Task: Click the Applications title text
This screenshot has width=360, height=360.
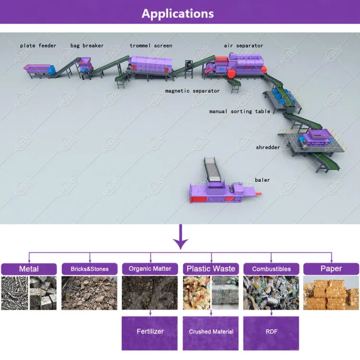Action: click(178, 14)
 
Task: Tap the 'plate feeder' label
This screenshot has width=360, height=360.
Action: click(38, 46)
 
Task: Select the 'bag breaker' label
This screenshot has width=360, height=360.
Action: click(87, 46)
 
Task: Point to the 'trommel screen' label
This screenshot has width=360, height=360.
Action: click(151, 46)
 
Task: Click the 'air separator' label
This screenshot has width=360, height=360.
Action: click(243, 46)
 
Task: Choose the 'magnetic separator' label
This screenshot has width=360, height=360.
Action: click(192, 91)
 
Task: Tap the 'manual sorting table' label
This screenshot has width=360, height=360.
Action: click(240, 111)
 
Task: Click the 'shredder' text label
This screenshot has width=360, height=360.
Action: click(268, 147)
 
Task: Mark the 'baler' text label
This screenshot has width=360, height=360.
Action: click(263, 180)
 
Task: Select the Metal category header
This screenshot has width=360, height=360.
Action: click(29, 269)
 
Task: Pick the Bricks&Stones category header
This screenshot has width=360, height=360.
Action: click(90, 269)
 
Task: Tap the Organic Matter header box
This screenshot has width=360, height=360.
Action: click(150, 269)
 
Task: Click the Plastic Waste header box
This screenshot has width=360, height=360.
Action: click(211, 269)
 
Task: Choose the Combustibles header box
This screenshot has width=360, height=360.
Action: click(271, 269)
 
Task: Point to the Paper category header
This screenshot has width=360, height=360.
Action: click(331, 269)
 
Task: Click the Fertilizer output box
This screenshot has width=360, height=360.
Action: click(150, 334)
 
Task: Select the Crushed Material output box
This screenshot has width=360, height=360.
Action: click(211, 334)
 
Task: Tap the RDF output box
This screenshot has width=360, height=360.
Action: click(271, 334)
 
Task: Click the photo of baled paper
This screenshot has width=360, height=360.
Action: click(331, 293)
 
